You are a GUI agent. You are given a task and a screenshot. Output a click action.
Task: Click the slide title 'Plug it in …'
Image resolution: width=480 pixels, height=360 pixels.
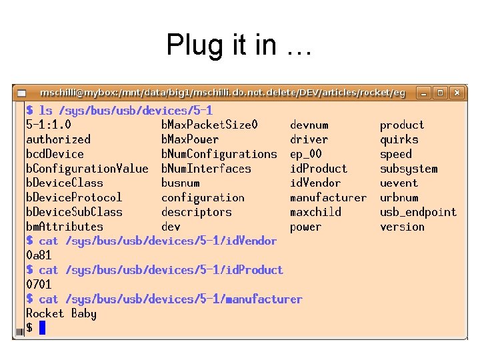point(239,45)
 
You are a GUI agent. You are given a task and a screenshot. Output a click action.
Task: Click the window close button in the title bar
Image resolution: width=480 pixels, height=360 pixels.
point(458,93)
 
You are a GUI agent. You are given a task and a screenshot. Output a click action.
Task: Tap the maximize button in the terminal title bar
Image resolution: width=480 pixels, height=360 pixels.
point(441,93)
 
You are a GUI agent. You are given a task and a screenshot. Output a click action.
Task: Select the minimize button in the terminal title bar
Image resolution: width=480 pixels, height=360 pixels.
point(423,93)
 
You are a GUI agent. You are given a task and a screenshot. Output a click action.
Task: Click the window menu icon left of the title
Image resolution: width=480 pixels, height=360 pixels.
point(22,93)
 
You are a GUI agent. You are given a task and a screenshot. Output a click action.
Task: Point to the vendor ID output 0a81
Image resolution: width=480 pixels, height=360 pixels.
point(39,255)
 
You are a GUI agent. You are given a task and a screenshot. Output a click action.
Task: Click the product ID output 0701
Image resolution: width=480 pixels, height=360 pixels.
point(39,285)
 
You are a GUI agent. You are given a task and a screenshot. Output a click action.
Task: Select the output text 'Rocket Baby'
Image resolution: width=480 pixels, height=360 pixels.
point(61,313)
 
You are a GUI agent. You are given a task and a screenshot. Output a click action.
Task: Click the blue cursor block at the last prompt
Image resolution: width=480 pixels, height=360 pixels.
point(42,327)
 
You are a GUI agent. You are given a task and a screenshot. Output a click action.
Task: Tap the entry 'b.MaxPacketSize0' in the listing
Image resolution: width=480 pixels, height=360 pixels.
point(209,125)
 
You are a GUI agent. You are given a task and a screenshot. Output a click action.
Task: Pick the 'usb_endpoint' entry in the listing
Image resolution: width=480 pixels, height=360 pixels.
point(418,212)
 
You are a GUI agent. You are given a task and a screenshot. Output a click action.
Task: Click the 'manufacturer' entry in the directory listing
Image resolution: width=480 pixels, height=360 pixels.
point(328,197)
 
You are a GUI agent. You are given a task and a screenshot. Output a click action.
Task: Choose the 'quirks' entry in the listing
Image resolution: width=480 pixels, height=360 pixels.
point(399,139)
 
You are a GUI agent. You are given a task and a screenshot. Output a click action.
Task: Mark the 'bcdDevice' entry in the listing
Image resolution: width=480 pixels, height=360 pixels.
point(55,154)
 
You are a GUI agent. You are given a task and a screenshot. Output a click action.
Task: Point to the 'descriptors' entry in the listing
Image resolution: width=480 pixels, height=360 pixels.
point(196,212)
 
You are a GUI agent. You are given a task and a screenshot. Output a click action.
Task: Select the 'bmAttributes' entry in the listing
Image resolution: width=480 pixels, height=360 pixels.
point(64,227)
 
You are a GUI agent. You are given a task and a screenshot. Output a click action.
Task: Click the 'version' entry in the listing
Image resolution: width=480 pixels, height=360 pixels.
point(402,227)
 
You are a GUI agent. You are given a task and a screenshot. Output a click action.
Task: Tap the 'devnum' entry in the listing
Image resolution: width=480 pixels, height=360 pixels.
point(309,125)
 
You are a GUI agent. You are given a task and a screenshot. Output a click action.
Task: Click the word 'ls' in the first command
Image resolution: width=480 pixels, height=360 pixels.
point(45,110)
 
